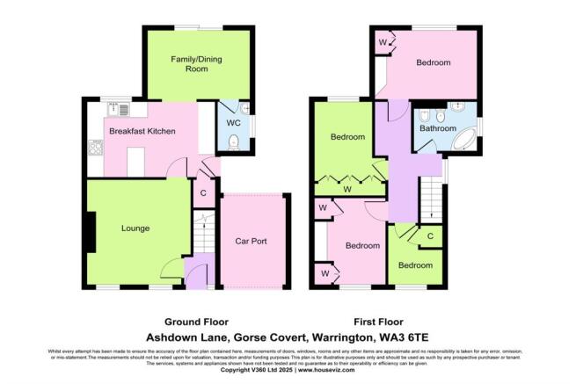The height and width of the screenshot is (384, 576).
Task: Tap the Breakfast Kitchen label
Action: tap(142, 131)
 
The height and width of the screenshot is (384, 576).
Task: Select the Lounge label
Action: tap(135, 228)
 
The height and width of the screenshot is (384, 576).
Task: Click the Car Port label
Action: tap(251, 241)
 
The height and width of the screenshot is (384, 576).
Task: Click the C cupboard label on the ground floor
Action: tap(203, 193)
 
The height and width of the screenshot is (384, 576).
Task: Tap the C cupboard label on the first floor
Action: tap(430, 236)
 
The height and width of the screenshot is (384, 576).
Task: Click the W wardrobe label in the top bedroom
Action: tap(383, 41)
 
